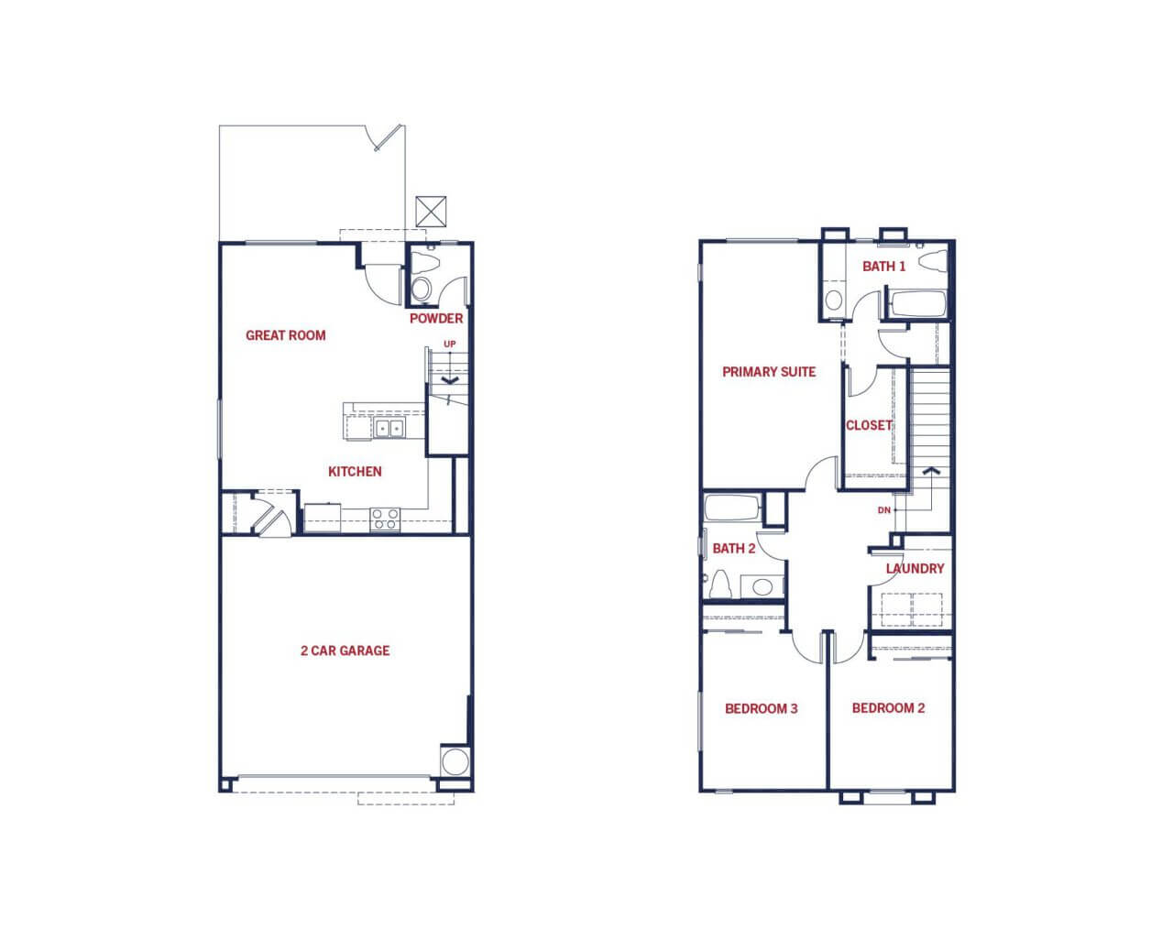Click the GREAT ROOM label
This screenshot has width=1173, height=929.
pos(286,335)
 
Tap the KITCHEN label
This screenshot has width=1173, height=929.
pos(355,472)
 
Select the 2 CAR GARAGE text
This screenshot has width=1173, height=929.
pos(345,650)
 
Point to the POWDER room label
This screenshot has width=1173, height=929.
pos(436,319)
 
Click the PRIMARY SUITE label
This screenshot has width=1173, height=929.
pos(769,372)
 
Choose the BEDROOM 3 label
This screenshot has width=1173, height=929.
pos(762,709)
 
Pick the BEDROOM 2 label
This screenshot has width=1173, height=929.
pos(889,708)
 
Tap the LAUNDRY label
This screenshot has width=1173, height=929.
pos(915,569)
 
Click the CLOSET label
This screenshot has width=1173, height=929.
pos(869,425)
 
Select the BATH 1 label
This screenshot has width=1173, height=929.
pos(884,267)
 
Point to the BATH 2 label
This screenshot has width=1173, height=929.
pos(734,549)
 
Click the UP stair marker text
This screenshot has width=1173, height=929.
pos(450,344)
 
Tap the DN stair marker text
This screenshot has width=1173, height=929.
pos(884,510)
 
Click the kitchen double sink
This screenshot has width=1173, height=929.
pos(389,428)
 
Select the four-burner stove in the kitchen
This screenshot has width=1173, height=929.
pos(385,519)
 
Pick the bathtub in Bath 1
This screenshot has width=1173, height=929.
pos(916,303)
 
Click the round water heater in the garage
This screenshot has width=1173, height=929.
pos(455,761)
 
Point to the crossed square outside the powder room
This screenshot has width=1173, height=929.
pos(431,212)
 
